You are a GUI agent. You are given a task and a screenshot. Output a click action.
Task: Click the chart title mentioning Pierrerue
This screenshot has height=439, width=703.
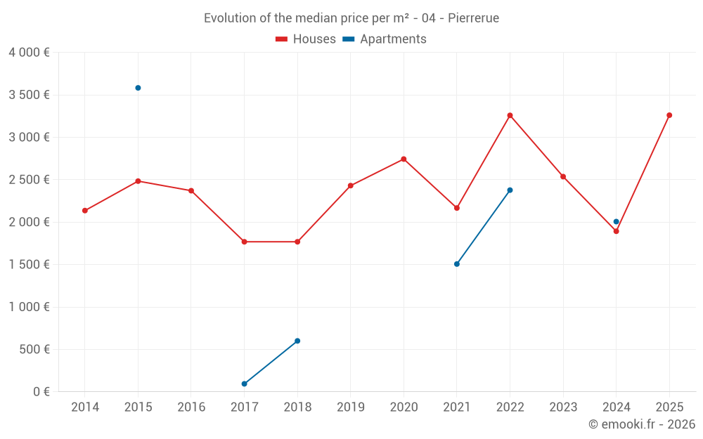tap(351, 18)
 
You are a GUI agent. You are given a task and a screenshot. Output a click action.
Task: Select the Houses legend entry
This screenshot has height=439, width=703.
tap(306, 39)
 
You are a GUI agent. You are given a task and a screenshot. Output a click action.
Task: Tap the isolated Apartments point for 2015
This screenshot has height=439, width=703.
tap(138, 88)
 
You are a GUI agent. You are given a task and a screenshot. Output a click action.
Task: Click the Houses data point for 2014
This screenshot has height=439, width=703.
tap(85, 211)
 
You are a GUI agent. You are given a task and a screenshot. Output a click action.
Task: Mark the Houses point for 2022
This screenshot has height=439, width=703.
tap(510, 115)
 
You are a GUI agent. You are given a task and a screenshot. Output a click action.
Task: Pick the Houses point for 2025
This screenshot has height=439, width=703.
tap(669, 115)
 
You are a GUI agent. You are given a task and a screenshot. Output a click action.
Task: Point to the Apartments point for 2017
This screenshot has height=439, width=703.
tap(244, 384)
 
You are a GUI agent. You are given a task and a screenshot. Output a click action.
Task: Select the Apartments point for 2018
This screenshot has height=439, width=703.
tap(297, 341)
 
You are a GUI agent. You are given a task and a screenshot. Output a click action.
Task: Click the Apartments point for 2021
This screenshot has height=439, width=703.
tap(457, 264)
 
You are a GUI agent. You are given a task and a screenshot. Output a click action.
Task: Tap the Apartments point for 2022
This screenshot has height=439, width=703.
tap(510, 190)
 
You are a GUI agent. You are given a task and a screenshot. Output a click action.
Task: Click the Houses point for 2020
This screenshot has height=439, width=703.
tap(404, 159)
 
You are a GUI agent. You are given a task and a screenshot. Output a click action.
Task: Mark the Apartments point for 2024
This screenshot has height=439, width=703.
tap(617, 222)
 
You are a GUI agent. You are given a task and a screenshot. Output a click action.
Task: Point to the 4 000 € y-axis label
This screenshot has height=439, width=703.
tap(29, 53)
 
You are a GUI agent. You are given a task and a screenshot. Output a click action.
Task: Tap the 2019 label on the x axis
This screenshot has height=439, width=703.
tap(351, 407)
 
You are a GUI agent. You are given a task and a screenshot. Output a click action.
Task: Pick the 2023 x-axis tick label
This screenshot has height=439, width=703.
tap(563, 407)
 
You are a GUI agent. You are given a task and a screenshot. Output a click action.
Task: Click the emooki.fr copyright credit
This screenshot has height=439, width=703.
tap(642, 424)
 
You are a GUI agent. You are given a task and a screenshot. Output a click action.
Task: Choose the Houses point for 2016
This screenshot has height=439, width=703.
tap(191, 190)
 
